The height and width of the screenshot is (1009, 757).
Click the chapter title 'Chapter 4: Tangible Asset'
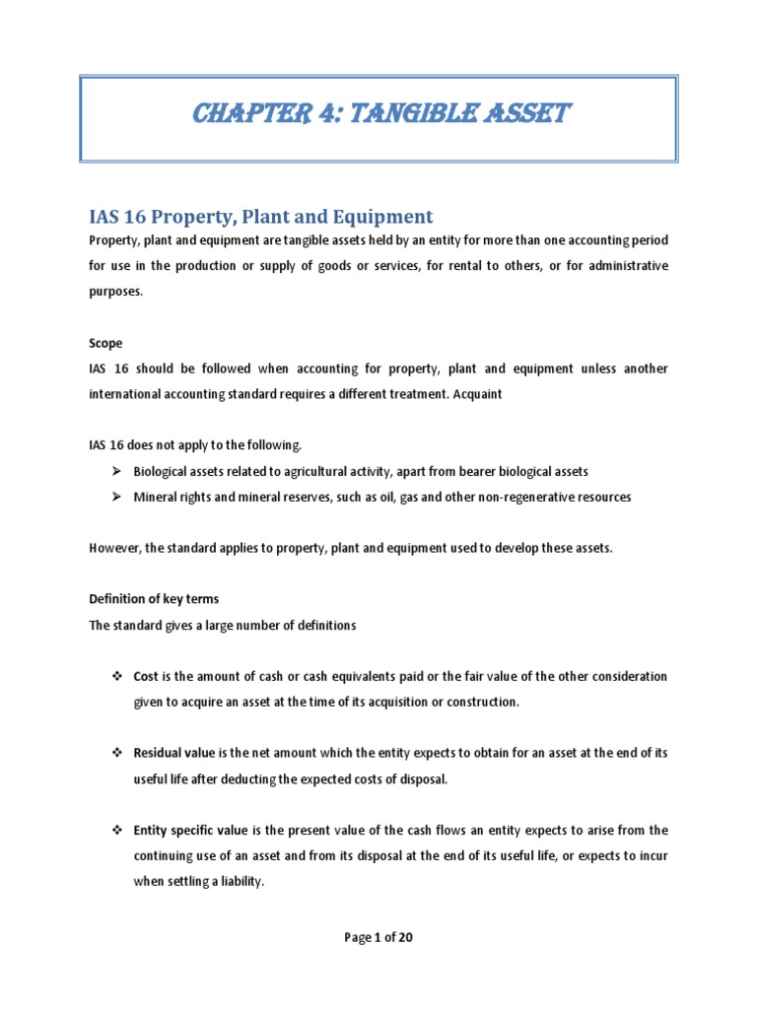(378, 114)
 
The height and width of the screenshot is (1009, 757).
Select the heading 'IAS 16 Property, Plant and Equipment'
(261, 216)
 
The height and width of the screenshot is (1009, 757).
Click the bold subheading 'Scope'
(105, 344)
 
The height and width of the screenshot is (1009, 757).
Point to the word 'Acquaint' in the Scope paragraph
(477, 394)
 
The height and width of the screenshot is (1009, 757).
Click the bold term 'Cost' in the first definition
(147, 677)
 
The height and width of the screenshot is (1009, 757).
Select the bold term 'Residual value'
(174, 753)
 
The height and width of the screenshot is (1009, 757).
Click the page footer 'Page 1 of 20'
(378, 937)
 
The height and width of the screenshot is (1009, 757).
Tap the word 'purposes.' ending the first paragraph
(117, 293)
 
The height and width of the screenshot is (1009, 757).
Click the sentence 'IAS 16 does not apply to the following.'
(195, 445)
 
